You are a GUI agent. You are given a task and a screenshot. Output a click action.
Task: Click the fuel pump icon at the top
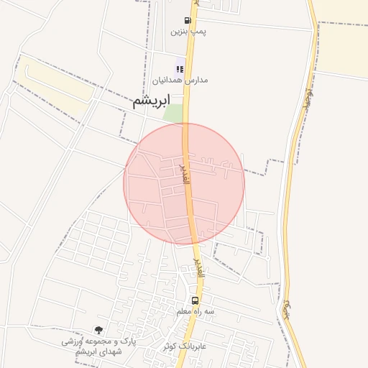pos(188,21)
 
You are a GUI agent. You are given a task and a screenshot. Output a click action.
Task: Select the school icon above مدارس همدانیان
pos(179,69)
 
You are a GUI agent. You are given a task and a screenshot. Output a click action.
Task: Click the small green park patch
pos(172,113)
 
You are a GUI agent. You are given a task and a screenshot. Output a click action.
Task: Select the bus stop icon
pos(195,300)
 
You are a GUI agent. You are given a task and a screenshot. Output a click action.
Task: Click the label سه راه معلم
pos(196,312)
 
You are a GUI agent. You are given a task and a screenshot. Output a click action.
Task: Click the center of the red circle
pos(184,184)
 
